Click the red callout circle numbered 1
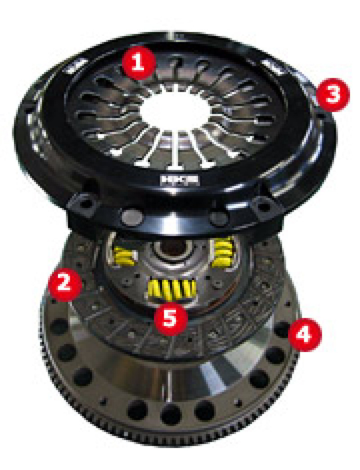coord(137,63)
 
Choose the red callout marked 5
coord(170,317)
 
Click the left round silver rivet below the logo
coord(134,217)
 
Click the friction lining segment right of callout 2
coord(92,293)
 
